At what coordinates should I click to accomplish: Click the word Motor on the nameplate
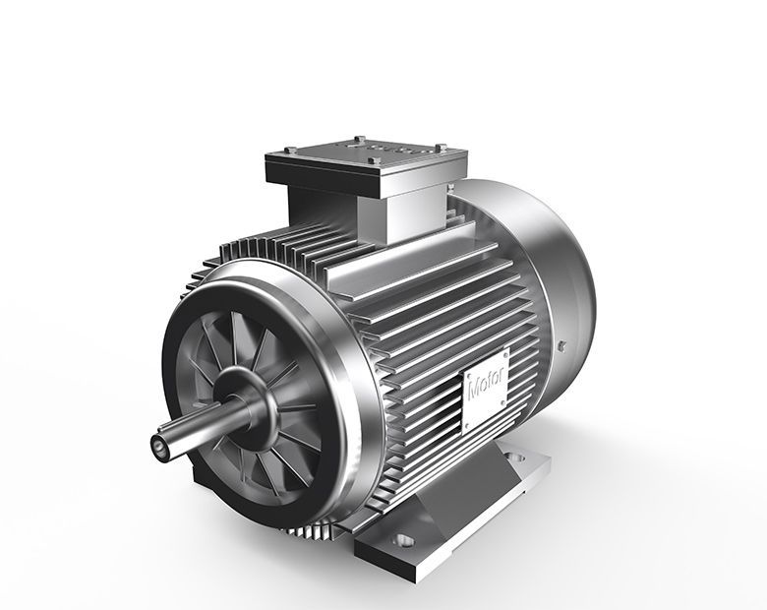click(x=486, y=381)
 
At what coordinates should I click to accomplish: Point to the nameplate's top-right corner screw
click(x=504, y=351)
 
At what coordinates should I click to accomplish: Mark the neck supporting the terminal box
click(x=334, y=212)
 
